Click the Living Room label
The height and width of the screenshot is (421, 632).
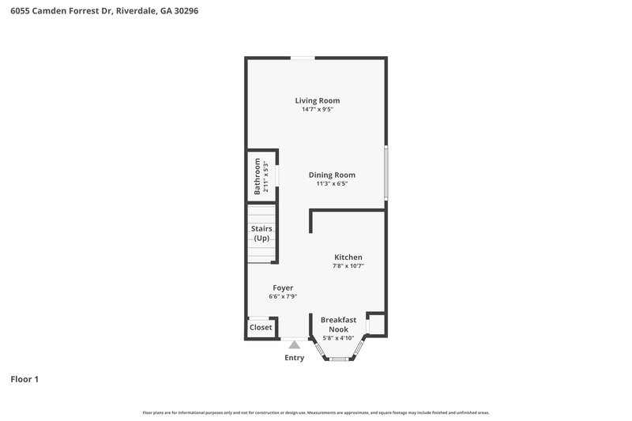tap(317, 100)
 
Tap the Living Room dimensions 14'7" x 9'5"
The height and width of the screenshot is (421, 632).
tap(317, 110)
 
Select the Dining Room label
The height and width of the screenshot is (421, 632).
tap(332, 175)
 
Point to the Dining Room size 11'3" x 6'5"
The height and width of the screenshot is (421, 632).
tap(332, 184)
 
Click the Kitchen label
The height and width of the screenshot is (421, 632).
tap(348, 257)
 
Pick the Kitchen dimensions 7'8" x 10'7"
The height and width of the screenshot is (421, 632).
tap(348, 267)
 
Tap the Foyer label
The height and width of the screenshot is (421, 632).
tap(283, 288)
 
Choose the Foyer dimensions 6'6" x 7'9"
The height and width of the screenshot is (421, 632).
tap(283, 297)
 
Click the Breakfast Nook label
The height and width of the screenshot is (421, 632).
tap(338, 324)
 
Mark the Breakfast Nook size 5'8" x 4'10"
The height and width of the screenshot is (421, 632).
tap(338, 338)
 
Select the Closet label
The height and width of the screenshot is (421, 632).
tap(261, 327)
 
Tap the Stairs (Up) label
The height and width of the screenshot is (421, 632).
tap(261, 233)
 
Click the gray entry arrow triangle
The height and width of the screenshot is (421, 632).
tap(294, 344)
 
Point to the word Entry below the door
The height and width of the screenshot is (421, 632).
tap(294, 358)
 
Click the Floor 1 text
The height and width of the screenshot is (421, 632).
tap(24, 379)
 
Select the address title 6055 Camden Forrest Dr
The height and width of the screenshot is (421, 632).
tap(99, 12)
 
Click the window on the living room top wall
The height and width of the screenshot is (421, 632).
tap(303, 58)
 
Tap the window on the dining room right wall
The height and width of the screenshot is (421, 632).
tap(386, 173)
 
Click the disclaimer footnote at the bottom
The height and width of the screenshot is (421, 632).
tap(315, 412)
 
